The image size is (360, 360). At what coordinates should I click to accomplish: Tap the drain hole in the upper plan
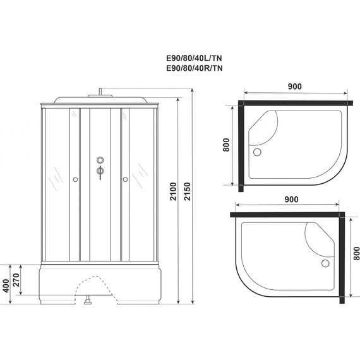pos(256,152)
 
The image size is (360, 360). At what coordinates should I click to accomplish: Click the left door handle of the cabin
pos(75,180)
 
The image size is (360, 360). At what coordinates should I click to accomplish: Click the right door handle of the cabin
pos(126,180)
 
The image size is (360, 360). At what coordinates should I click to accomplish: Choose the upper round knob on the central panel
pos(100,160)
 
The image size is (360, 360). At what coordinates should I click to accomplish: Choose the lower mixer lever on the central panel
pos(100,171)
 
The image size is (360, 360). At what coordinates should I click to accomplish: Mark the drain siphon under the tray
pos(87,303)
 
